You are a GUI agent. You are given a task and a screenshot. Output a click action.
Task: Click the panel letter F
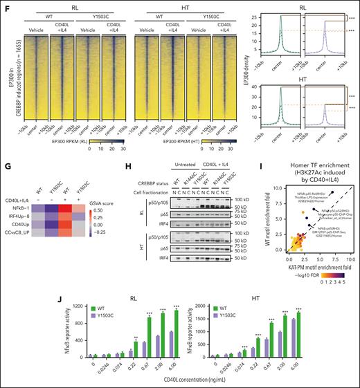pos(4,4)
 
